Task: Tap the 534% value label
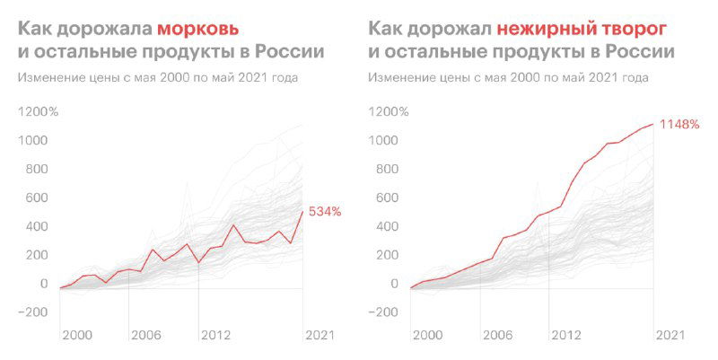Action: [325, 212]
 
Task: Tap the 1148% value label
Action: [679, 124]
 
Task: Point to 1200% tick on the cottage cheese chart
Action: [388, 112]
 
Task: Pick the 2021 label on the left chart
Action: [319, 335]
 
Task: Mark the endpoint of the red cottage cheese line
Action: [653, 124]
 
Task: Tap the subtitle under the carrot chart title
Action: [158, 78]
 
